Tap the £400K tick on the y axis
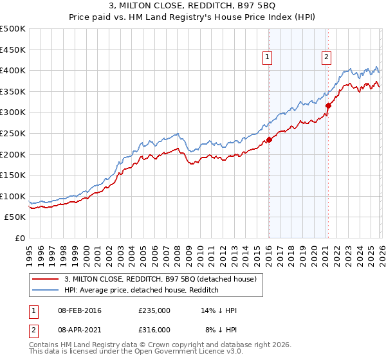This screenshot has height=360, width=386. [x=13, y=70]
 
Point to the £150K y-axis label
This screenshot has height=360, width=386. [x=13, y=175]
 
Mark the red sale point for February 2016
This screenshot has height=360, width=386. [x=269, y=139]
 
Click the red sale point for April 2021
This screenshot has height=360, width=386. [x=328, y=105]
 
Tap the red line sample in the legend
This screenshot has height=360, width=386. [x=45, y=279]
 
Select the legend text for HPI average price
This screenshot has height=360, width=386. [x=142, y=290]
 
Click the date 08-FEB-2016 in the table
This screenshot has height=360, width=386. [x=79, y=311]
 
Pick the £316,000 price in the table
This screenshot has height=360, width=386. [x=154, y=329]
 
